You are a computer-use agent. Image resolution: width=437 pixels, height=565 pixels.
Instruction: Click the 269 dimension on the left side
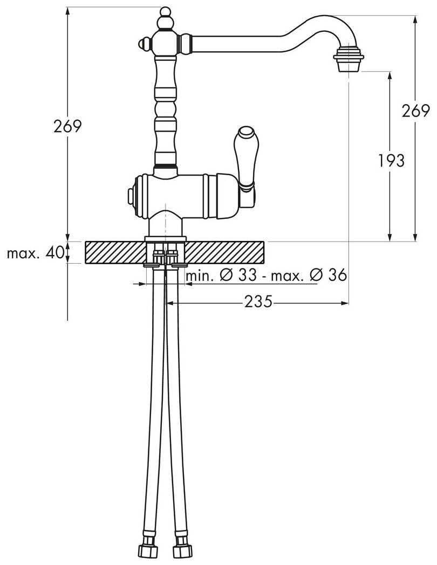click(x=68, y=126)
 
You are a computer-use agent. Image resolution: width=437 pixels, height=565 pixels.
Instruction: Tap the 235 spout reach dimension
click(x=258, y=301)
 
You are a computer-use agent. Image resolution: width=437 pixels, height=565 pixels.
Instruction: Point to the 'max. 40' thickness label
click(x=35, y=253)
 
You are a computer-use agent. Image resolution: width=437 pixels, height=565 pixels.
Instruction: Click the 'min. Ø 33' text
click(x=221, y=275)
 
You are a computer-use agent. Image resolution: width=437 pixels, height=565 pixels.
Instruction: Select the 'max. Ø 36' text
click(x=309, y=275)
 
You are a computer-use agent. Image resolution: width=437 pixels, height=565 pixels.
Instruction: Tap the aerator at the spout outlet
click(x=349, y=59)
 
